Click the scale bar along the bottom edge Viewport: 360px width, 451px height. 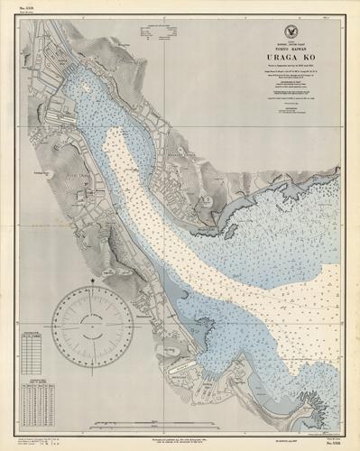click(180, 432)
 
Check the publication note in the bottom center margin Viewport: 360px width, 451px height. click(180, 440)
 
